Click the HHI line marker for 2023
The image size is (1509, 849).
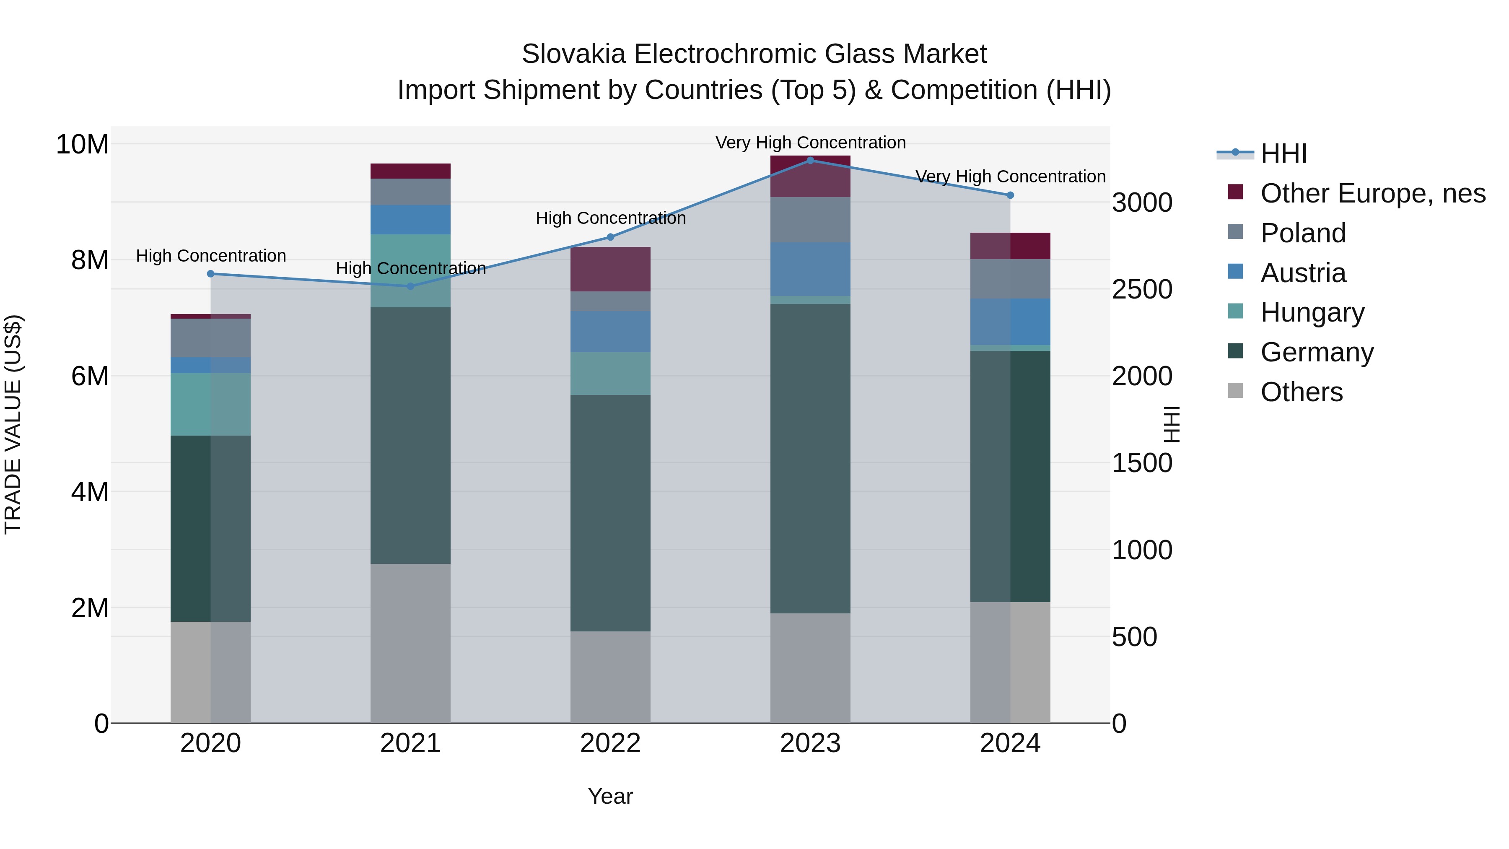[810, 160]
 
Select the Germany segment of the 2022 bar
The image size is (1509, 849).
[610, 513]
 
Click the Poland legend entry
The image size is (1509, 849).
[1303, 233]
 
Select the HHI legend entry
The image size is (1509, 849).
[1283, 153]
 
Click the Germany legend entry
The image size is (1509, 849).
[1316, 352]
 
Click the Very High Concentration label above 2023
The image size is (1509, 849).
[810, 143]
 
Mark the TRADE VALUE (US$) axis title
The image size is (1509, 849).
[13, 424]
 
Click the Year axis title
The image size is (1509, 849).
[610, 796]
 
